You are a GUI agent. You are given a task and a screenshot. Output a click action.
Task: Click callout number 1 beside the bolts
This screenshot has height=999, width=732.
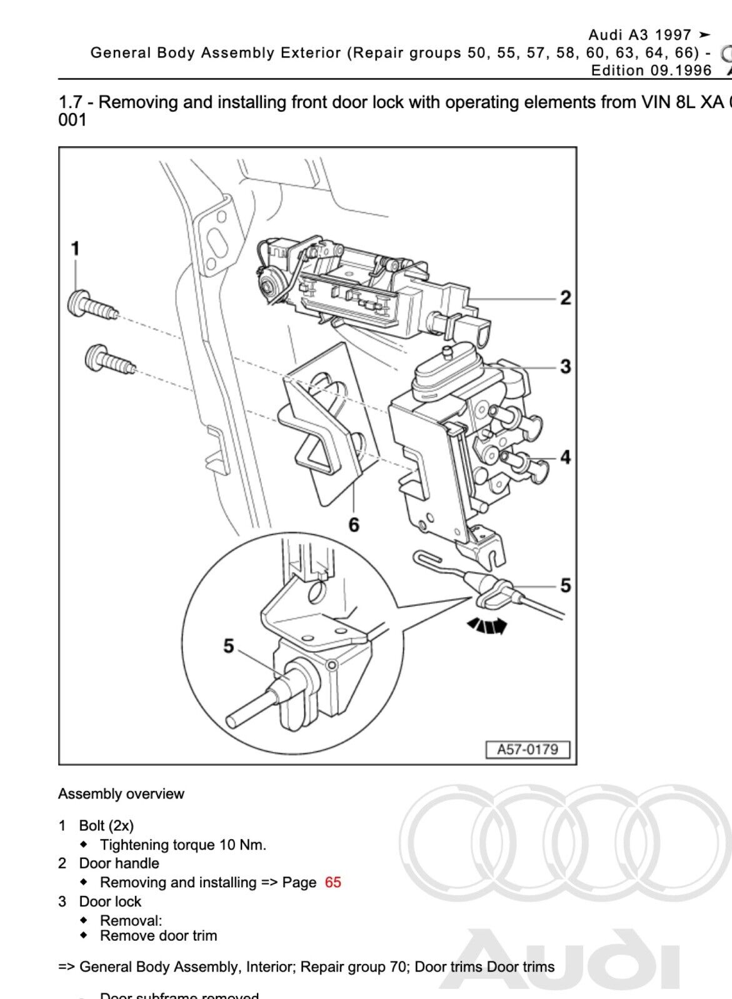pyautogui.click(x=75, y=249)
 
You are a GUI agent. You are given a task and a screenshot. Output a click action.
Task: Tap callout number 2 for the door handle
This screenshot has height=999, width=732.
pyautogui.click(x=565, y=298)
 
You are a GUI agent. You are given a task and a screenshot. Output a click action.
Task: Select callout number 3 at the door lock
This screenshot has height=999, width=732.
pyautogui.click(x=565, y=366)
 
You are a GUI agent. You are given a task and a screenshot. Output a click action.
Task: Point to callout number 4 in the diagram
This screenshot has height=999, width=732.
pyautogui.click(x=565, y=457)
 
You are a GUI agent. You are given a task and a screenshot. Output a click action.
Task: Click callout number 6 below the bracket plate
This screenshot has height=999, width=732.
pyautogui.click(x=354, y=525)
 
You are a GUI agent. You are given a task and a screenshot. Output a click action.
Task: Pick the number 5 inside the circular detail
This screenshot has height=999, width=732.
pyautogui.click(x=229, y=646)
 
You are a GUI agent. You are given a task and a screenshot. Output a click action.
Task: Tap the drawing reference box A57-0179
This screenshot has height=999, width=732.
pyautogui.click(x=528, y=749)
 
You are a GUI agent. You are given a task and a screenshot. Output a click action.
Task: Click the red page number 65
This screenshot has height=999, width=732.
pyautogui.click(x=333, y=882)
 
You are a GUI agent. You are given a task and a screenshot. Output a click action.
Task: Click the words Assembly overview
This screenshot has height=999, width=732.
pyautogui.click(x=121, y=794)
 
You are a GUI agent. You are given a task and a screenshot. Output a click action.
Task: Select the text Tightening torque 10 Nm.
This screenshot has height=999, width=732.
pyautogui.click(x=183, y=845)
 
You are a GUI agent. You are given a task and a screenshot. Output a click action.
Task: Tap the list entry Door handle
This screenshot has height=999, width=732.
pyautogui.click(x=119, y=863)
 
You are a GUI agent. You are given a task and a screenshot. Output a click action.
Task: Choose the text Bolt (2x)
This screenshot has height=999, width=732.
pyautogui.click(x=106, y=825)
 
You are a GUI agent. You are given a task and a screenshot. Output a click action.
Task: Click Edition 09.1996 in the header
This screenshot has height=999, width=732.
pyautogui.click(x=651, y=70)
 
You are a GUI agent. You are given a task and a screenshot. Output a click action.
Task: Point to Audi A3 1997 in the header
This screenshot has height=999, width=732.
pyautogui.click(x=640, y=35)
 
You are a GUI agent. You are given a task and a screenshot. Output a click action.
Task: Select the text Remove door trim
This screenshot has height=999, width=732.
pyautogui.click(x=159, y=935)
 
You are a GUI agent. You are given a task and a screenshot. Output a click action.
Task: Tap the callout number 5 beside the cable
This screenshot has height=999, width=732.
pyautogui.click(x=565, y=585)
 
